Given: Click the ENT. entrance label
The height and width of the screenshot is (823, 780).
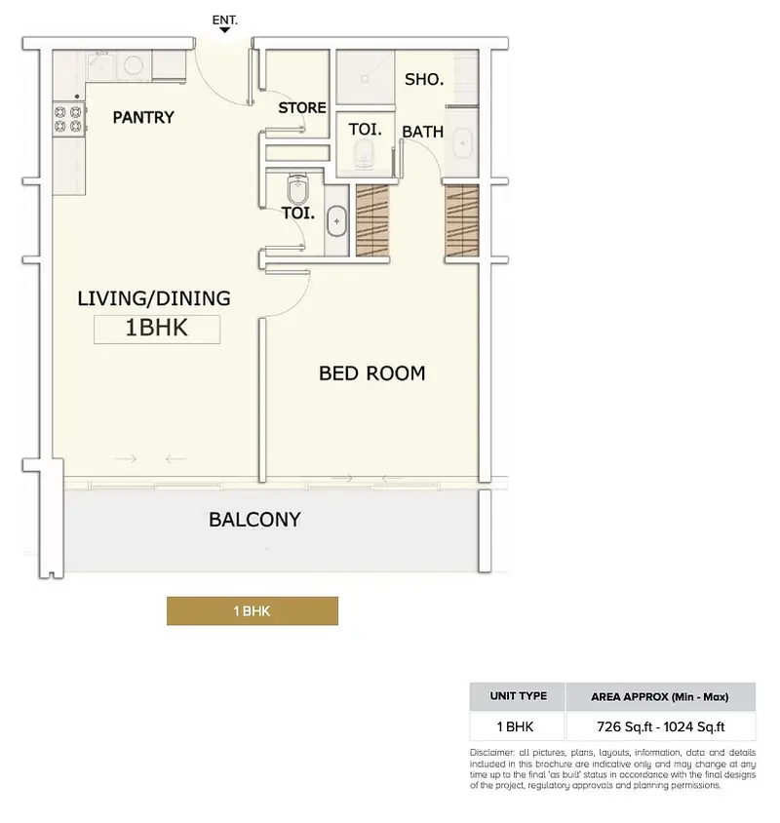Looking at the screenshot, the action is (224, 20).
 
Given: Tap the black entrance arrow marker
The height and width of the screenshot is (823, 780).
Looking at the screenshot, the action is (224, 30).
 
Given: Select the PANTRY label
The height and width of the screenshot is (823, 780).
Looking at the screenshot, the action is (143, 117).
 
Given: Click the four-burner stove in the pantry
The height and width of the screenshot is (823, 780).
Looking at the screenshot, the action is (69, 119).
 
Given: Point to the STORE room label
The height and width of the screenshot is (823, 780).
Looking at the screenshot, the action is (302, 107).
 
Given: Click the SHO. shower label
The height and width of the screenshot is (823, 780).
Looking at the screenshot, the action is (424, 79).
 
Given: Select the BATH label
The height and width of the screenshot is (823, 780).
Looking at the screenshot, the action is (422, 132).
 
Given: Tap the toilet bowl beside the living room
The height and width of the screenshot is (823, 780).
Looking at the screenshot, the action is (297, 189).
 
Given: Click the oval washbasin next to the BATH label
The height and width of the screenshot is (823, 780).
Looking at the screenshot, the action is (463, 142).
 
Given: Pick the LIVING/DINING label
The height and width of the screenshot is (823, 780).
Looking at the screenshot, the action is (154, 298).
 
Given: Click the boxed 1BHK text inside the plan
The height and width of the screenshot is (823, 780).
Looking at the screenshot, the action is (156, 328).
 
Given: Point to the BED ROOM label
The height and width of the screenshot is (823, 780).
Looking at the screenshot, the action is (372, 373).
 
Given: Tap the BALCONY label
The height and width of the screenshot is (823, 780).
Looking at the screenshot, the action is (254, 520).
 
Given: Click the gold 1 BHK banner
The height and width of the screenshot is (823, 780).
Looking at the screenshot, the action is (252, 611).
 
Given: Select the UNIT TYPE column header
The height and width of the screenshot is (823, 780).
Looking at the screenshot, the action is (518, 696).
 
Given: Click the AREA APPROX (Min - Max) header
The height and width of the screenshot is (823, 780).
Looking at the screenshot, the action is (660, 697).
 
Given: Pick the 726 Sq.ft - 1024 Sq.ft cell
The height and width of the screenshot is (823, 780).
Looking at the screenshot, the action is (660, 726).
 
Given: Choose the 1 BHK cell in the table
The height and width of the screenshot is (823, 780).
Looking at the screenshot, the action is (516, 726).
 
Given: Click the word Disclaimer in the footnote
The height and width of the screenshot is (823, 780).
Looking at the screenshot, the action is (491, 753).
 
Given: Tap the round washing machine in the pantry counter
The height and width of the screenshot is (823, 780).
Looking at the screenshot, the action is (134, 65).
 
